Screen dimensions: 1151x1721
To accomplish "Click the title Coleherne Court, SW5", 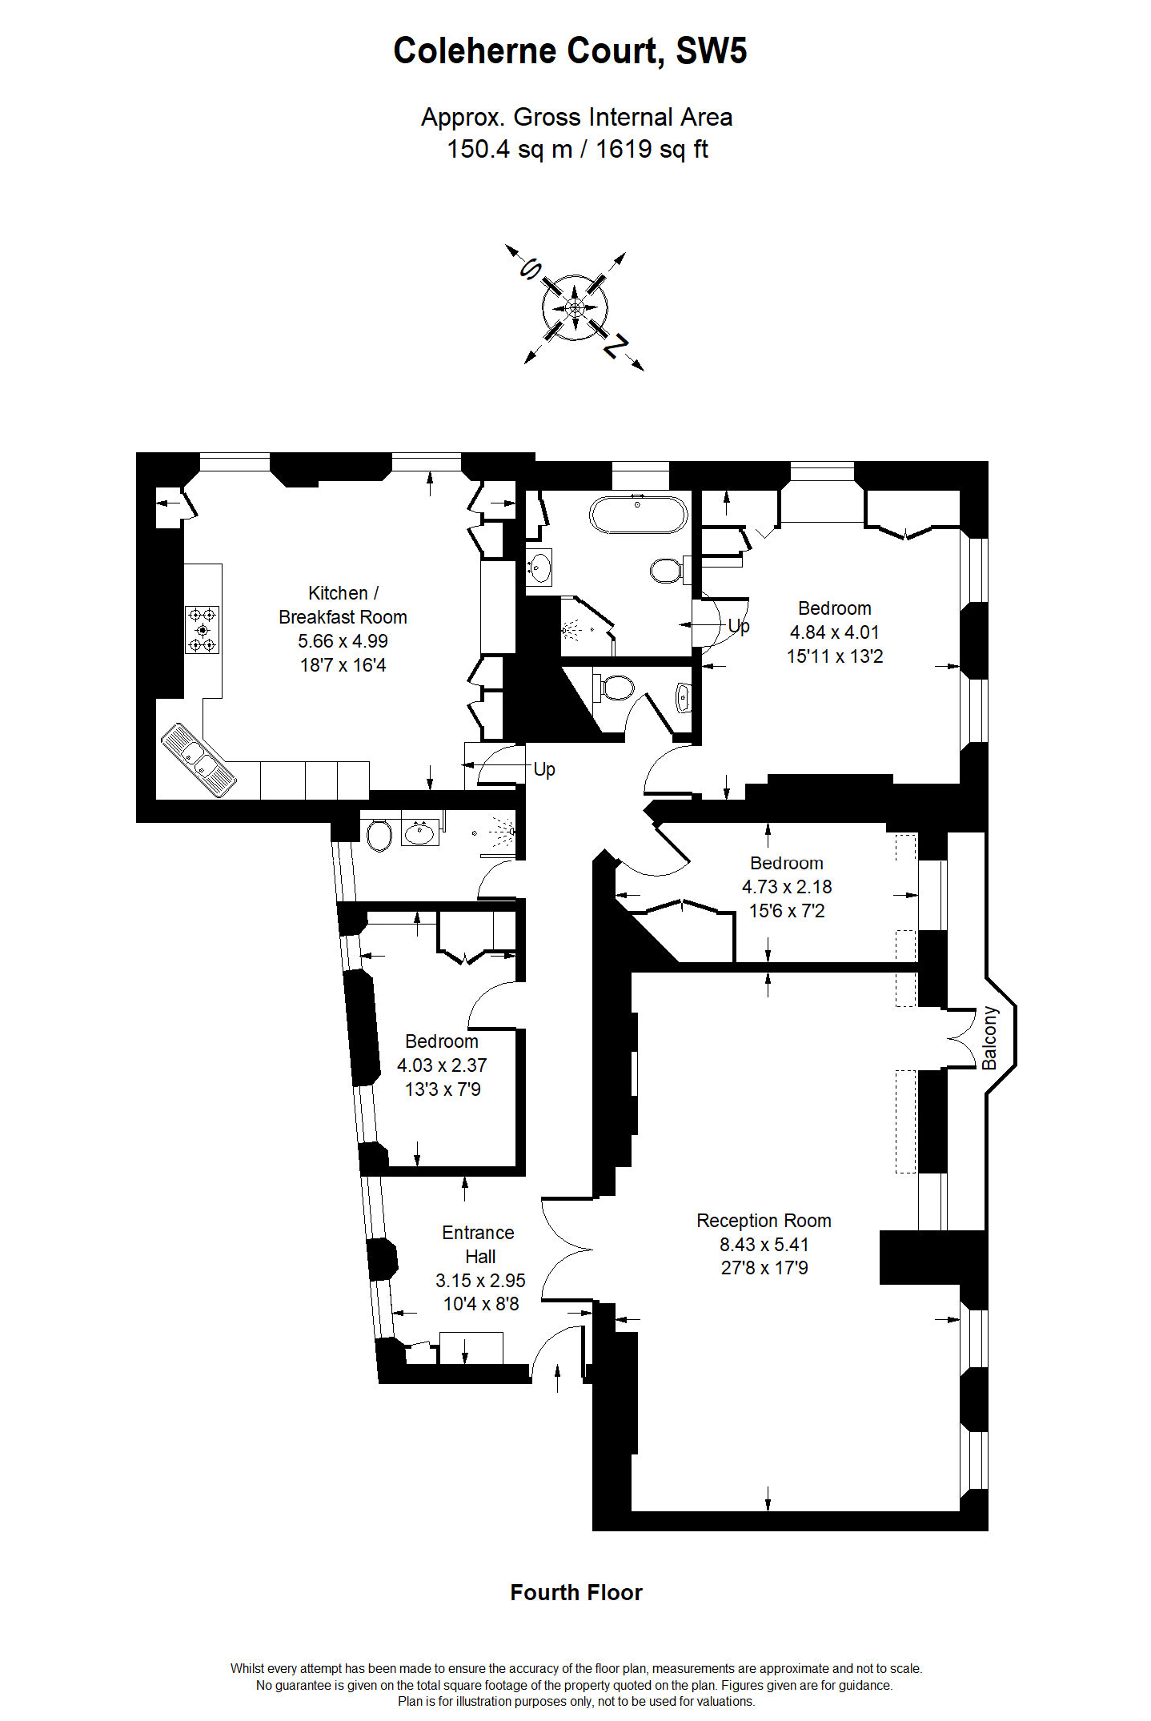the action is coord(570,51).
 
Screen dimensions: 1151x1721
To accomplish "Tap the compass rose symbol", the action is coord(575,308).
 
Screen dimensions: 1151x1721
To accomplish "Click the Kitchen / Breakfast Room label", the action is coord(343,605).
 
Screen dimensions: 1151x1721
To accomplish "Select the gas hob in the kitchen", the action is coord(202,629).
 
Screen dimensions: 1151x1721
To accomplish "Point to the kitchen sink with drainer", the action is coord(199,760).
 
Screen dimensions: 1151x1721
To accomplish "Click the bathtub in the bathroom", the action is coord(638,515).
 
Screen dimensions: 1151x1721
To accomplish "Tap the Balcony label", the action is coord(990,1037).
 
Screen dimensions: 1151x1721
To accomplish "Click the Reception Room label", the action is coord(764,1221).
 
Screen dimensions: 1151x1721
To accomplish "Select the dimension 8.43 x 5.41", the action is coord(764,1245).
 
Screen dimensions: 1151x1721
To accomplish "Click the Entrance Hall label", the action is coord(479,1245).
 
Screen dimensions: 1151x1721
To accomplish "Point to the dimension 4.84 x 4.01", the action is coord(834,632).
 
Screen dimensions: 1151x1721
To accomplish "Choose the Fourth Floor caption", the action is coord(576,1593).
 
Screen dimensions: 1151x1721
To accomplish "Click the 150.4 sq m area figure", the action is coord(509,150).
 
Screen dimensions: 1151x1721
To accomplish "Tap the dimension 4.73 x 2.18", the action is coord(787,887).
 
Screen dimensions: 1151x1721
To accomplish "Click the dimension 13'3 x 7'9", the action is coord(443,1089).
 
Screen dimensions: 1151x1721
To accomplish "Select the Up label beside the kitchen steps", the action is coord(544,769).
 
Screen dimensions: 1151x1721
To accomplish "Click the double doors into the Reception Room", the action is coord(567,1249).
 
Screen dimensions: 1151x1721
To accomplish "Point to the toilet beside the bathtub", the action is coord(666,571).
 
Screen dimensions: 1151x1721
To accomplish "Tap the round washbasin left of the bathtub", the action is coord(539,568).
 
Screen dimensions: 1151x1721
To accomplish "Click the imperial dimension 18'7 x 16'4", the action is coord(343,665).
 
